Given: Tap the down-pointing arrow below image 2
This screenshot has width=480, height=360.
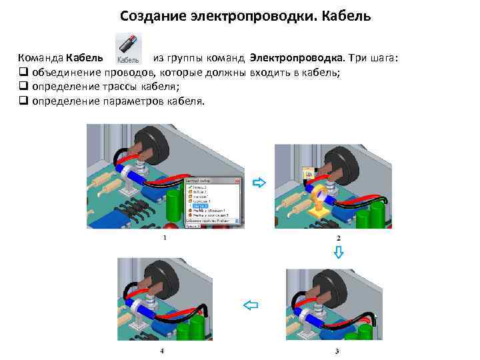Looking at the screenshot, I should click(338, 252).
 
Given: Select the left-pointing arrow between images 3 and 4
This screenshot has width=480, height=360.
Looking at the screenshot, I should click(250, 305).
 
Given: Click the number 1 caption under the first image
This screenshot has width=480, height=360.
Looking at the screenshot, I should click(164, 238).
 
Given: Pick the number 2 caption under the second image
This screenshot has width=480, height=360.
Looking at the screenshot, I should click(338, 238).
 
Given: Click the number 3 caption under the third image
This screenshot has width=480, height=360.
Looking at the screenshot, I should click(337, 351).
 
